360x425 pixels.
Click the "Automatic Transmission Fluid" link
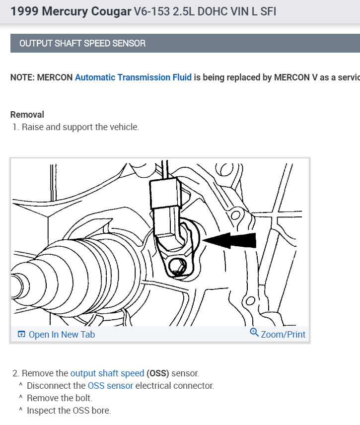point(133,78)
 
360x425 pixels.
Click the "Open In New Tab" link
point(62,335)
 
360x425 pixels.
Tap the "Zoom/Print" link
point(283,335)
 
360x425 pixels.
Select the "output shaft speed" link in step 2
point(107,373)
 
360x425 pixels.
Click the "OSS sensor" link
point(110,385)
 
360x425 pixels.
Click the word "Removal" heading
point(27,115)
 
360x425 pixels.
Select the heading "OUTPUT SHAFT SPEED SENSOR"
point(82,43)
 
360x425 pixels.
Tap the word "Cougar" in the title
point(112,11)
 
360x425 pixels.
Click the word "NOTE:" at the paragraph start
point(22,78)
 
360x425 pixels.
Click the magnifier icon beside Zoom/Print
point(254,333)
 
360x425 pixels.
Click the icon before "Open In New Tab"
point(21,335)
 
